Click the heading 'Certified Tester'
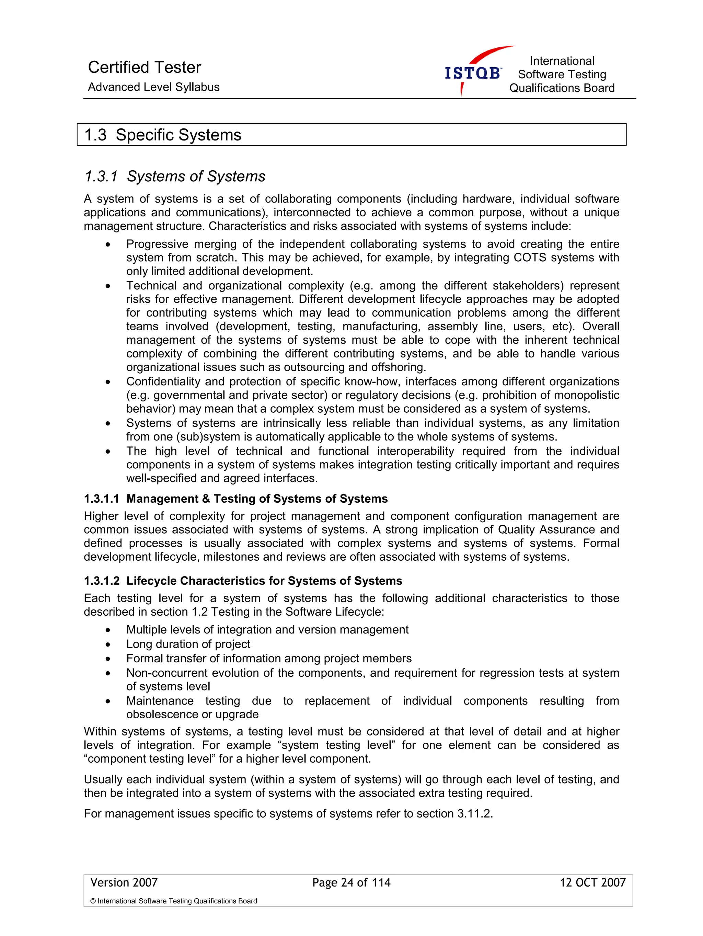click(x=144, y=67)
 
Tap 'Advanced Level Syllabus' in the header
click(x=153, y=87)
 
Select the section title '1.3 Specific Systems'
click(x=163, y=135)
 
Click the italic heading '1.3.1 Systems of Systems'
click(x=175, y=176)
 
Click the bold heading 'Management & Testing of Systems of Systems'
click(x=257, y=499)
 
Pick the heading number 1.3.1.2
click(x=102, y=581)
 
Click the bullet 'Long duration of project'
click(x=188, y=644)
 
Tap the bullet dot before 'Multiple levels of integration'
click(x=108, y=630)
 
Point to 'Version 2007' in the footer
click(x=124, y=883)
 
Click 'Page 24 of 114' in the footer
click(x=351, y=883)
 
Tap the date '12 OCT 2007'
click(x=592, y=883)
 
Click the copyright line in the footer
click(x=173, y=901)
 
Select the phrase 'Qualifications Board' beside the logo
click(x=561, y=88)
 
